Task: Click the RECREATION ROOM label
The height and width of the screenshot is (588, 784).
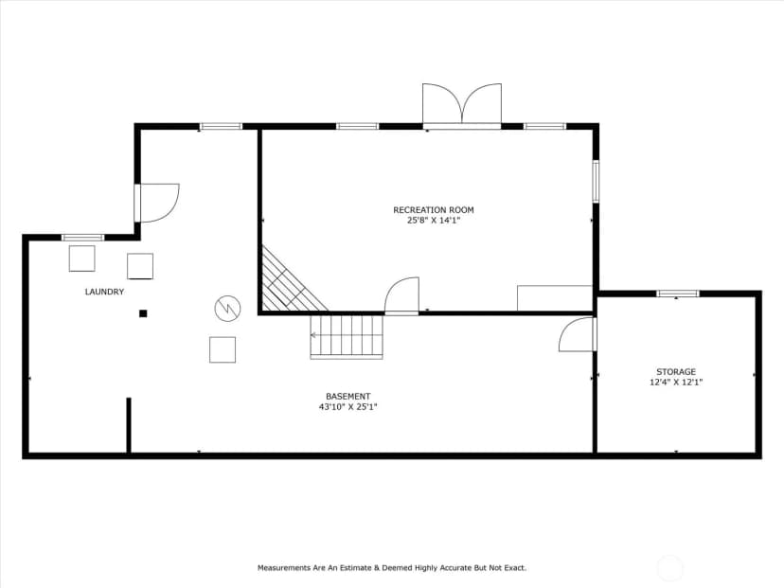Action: coord(433,210)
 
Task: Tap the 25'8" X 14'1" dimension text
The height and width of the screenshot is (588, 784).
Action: coord(433,221)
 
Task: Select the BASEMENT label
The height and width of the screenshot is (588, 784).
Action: coord(348,397)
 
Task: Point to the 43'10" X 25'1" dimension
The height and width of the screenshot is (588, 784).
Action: coord(348,407)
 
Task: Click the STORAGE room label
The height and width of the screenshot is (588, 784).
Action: coord(676,372)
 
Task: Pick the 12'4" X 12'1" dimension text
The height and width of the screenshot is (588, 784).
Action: coord(676,383)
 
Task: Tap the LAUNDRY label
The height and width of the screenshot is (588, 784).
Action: coord(104,292)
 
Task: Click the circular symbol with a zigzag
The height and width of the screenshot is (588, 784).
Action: coord(227,309)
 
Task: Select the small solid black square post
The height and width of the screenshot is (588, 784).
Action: coord(143,313)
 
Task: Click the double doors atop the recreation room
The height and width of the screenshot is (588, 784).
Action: coord(462,105)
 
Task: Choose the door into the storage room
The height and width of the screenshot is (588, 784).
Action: coord(578,334)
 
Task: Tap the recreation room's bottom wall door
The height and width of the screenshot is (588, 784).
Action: coord(401,296)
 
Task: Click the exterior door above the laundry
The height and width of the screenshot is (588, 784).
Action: coord(156,203)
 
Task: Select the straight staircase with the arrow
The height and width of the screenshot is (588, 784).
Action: coord(347,336)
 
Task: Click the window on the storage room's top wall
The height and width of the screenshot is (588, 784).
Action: coord(678,294)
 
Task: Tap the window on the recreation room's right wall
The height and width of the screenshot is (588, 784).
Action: coord(596,181)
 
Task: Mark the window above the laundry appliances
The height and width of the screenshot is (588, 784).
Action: coord(82,238)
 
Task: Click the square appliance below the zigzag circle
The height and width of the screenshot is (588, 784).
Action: coord(223,350)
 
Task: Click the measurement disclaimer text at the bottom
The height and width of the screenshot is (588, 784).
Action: coord(392,568)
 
